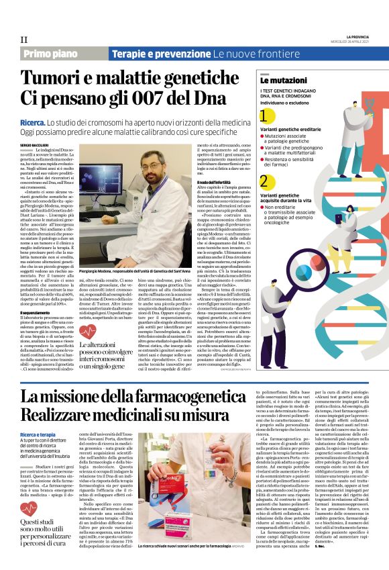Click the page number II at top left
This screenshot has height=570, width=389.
point(24,39)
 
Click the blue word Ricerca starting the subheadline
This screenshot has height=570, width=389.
point(35,124)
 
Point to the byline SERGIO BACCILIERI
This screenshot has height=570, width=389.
point(36,144)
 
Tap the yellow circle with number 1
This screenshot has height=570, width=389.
point(266,118)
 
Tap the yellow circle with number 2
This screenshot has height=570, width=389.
point(266,181)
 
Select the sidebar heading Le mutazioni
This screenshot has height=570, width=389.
point(277,81)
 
